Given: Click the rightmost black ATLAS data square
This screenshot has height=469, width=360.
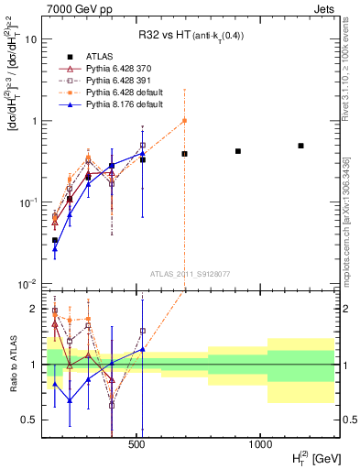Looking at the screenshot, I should tap(300, 146).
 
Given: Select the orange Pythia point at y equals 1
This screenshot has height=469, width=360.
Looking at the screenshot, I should tap(184, 121).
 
